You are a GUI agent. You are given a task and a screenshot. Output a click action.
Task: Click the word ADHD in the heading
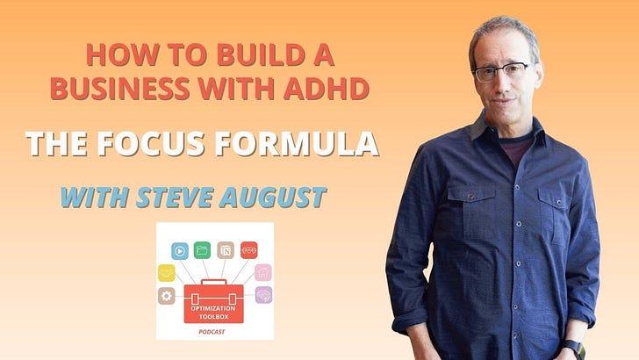pos(327,89)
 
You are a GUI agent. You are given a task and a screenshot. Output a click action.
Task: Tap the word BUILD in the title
pos(261,55)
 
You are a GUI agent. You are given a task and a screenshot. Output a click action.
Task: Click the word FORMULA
pos(297,144)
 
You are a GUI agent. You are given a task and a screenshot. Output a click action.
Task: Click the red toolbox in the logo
pos(213,302)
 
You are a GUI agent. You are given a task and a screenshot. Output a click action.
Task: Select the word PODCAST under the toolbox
pos(212,332)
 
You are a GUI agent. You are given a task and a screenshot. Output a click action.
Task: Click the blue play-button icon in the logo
pos(180,251)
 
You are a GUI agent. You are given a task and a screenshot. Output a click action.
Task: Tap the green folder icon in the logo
pos(202,250)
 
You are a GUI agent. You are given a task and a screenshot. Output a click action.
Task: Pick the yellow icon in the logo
pos(167,273)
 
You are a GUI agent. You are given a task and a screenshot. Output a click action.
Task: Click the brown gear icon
pos(166,296)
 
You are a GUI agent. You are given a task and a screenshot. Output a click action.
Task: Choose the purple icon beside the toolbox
pos(263,295)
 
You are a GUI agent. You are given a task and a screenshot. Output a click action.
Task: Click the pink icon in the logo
pos(263,272)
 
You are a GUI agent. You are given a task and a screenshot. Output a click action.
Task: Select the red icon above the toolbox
pos(249,250)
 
